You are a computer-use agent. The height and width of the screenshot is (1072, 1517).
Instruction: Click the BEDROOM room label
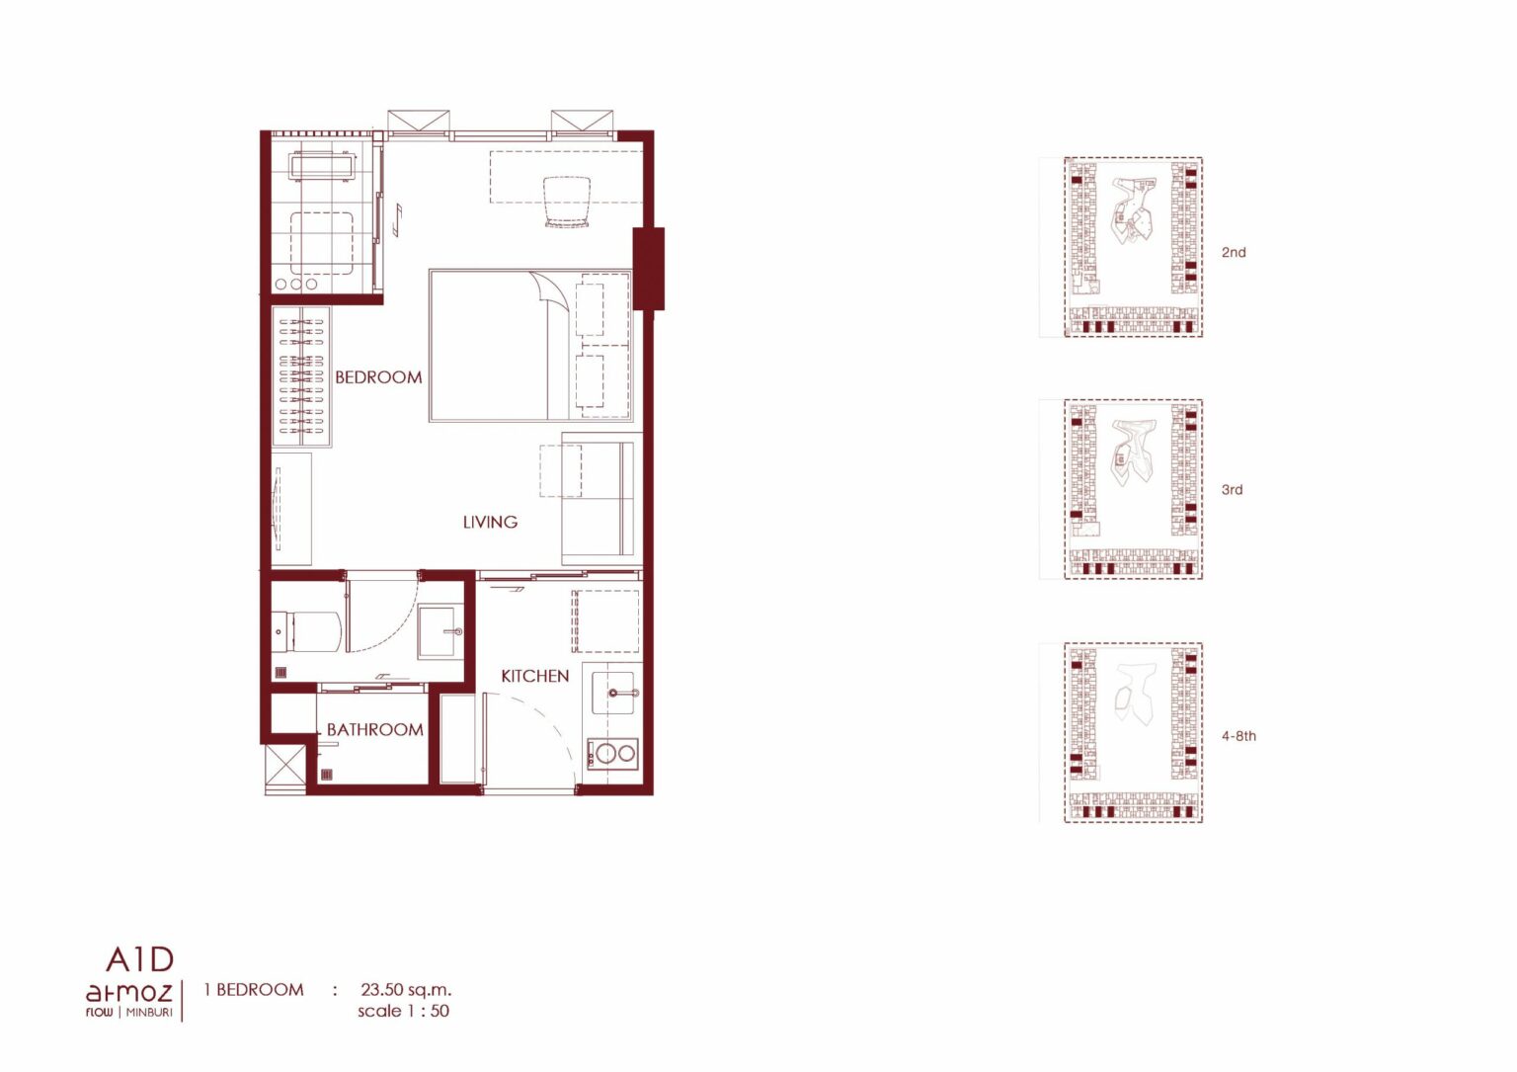point(378,377)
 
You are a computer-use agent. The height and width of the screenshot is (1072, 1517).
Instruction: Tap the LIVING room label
point(490,523)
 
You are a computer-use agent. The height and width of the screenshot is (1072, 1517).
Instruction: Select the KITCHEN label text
point(535,676)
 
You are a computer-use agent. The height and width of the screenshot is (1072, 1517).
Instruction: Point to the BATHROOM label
point(374,730)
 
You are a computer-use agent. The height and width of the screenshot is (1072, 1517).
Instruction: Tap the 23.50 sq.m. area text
point(406,990)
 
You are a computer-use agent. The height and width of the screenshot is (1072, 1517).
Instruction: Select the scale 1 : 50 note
point(404,1011)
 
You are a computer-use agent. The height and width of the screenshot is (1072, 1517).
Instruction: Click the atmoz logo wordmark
point(128,993)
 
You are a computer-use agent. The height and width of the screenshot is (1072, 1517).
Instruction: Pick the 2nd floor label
point(1234,252)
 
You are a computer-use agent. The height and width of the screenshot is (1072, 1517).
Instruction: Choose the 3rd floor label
point(1233,489)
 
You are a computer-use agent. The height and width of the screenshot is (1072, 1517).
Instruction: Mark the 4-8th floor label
point(1238,736)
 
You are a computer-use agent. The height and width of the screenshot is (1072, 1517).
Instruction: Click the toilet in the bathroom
point(306,632)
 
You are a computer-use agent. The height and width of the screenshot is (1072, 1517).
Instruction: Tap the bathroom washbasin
point(440,631)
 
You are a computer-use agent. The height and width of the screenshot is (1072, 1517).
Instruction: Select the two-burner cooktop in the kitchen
point(612,753)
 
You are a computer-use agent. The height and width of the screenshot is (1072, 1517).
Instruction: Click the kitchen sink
point(613,693)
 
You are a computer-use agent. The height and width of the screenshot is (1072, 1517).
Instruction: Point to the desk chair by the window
point(567,202)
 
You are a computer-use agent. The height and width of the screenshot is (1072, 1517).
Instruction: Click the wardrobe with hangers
point(301,376)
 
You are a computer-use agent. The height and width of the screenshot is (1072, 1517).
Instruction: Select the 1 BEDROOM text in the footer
point(254,990)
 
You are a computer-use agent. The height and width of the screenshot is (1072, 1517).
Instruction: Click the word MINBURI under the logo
point(149,1013)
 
